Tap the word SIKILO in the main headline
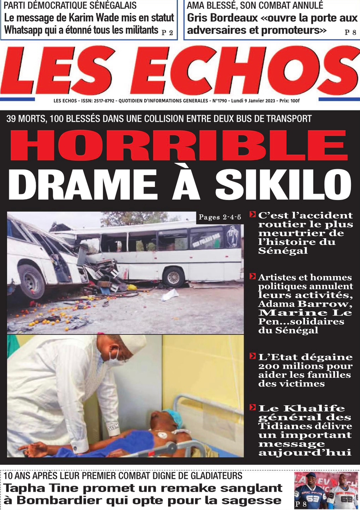(283, 185)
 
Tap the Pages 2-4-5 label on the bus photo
(220, 217)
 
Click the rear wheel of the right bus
(174, 277)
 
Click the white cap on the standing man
(132, 343)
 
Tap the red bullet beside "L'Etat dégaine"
(252, 356)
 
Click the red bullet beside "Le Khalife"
(252, 407)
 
